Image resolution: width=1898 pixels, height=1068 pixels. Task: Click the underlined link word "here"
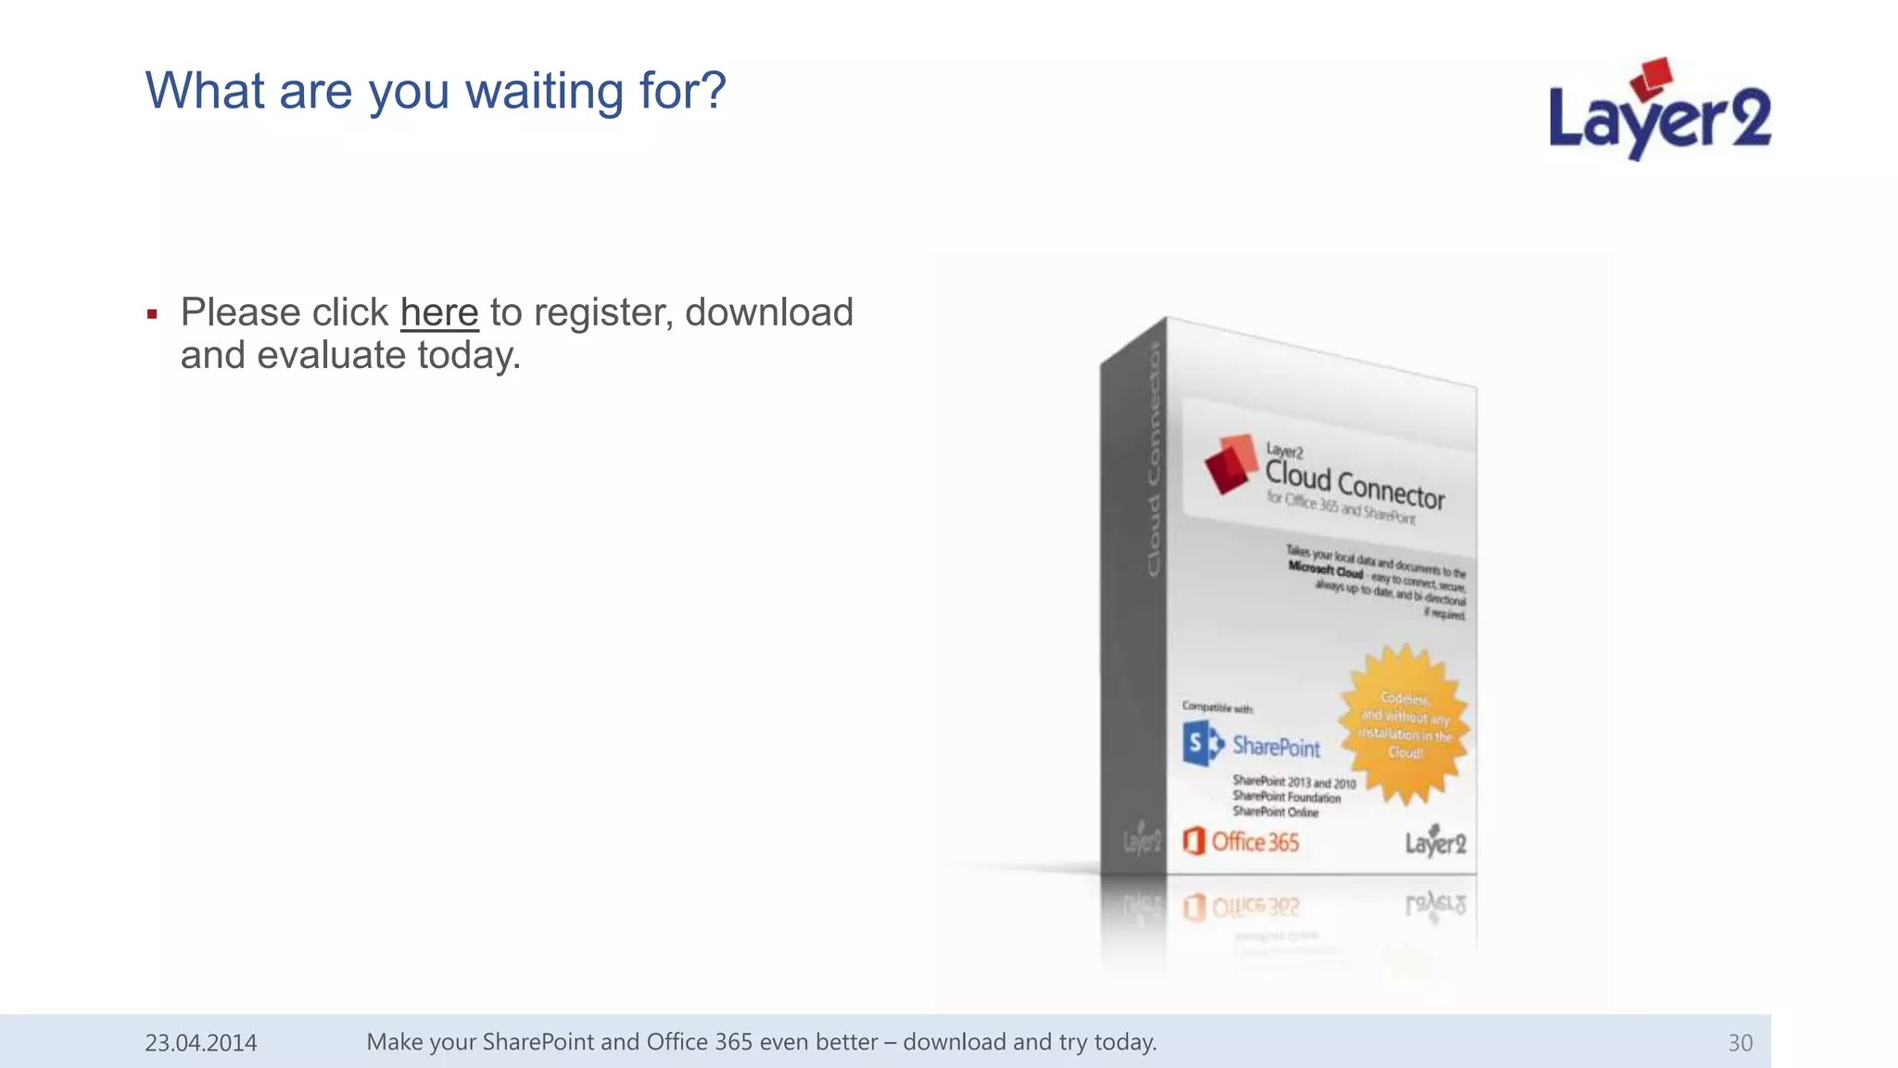[439, 313]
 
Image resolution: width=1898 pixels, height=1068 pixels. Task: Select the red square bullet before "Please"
[152, 315]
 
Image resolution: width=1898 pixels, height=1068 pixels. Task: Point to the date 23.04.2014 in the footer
[201, 1043]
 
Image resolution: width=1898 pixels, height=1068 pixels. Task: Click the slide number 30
[1740, 1043]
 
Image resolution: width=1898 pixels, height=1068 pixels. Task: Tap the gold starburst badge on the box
[1404, 725]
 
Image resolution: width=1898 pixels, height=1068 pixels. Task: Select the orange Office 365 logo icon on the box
[1194, 841]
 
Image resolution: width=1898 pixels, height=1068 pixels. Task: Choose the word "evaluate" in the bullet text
[331, 356]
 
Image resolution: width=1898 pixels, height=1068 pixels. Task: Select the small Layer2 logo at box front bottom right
[1435, 841]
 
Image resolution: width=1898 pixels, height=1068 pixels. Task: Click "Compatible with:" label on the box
[1217, 708]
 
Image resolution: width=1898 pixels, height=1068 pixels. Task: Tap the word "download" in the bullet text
[768, 313]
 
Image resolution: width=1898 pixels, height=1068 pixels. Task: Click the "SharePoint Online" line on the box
[1275, 812]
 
